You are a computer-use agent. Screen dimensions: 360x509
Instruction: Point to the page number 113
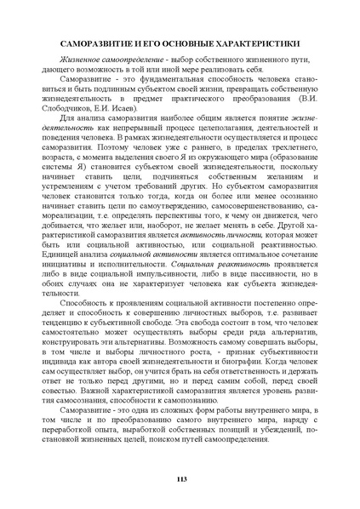(x=180, y=482)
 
